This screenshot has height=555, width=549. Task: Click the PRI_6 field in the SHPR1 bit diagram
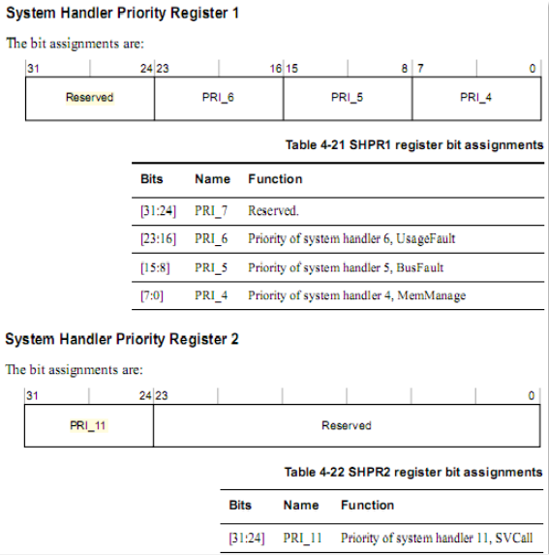pyautogui.click(x=218, y=97)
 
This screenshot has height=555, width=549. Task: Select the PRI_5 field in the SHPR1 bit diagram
pyautogui.click(x=347, y=97)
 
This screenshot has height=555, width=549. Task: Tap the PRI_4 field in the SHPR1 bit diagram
pyautogui.click(x=475, y=97)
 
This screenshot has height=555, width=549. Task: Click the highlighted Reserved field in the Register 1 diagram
pyautogui.click(x=89, y=97)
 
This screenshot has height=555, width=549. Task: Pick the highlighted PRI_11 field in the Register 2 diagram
pyautogui.click(x=88, y=425)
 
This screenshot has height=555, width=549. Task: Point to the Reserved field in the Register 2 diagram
pyautogui.click(x=347, y=425)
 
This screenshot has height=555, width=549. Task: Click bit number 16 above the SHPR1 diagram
pyautogui.click(x=276, y=69)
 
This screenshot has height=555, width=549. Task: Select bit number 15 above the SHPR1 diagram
pyautogui.click(x=291, y=69)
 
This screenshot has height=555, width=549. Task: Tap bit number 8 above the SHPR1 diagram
pyautogui.click(x=405, y=69)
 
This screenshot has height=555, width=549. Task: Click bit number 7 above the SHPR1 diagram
pyautogui.click(x=420, y=69)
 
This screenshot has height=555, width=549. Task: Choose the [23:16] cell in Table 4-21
pyautogui.click(x=158, y=238)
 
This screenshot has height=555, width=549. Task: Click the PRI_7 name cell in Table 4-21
pyautogui.click(x=211, y=211)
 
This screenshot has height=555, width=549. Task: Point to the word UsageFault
pyautogui.click(x=425, y=238)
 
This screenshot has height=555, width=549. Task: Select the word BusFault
pyautogui.click(x=420, y=267)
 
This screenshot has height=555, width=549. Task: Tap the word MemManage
pyautogui.click(x=432, y=295)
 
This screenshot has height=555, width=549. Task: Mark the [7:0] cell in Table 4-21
pyautogui.click(x=152, y=295)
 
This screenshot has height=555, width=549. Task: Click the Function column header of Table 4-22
pyautogui.click(x=367, y=505)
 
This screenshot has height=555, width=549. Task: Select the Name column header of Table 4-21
pyautogui.click(x=213, y=179)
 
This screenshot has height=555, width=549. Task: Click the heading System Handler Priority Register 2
pyautogui.click(x=122, y=339)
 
